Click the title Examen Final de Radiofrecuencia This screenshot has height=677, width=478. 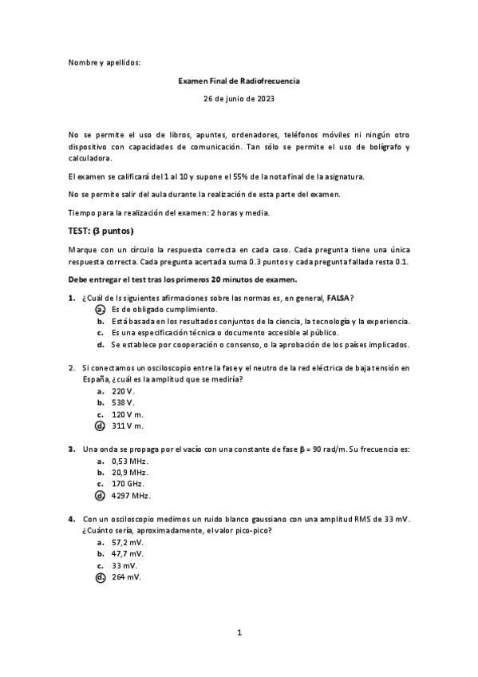coord(239,81)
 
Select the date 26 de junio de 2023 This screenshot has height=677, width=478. coord(239,99)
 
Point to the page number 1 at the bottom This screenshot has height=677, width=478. coord(239,632)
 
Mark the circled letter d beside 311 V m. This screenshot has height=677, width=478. coord(100,426)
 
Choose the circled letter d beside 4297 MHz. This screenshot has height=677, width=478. coord(100,496)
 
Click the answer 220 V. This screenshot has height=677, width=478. coord(124,392)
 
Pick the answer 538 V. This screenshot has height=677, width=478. coord(124,403)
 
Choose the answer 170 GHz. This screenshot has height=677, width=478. coord(128,485)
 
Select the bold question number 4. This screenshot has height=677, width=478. coord(71,519)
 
